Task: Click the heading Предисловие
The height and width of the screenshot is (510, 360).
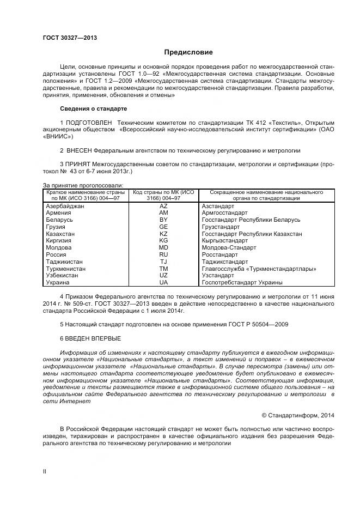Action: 189,52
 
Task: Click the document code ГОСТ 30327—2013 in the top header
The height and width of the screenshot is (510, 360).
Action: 66,38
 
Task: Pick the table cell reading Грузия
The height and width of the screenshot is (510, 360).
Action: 56,227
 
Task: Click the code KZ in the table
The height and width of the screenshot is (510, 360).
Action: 163,234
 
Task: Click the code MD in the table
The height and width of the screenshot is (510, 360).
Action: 163,247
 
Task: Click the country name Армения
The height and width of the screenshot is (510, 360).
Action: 58,212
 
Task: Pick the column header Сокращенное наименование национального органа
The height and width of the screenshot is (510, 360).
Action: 261,196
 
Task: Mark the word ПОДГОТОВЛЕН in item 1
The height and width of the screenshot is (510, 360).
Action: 88,123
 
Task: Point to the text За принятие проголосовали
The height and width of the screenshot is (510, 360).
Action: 83,186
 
